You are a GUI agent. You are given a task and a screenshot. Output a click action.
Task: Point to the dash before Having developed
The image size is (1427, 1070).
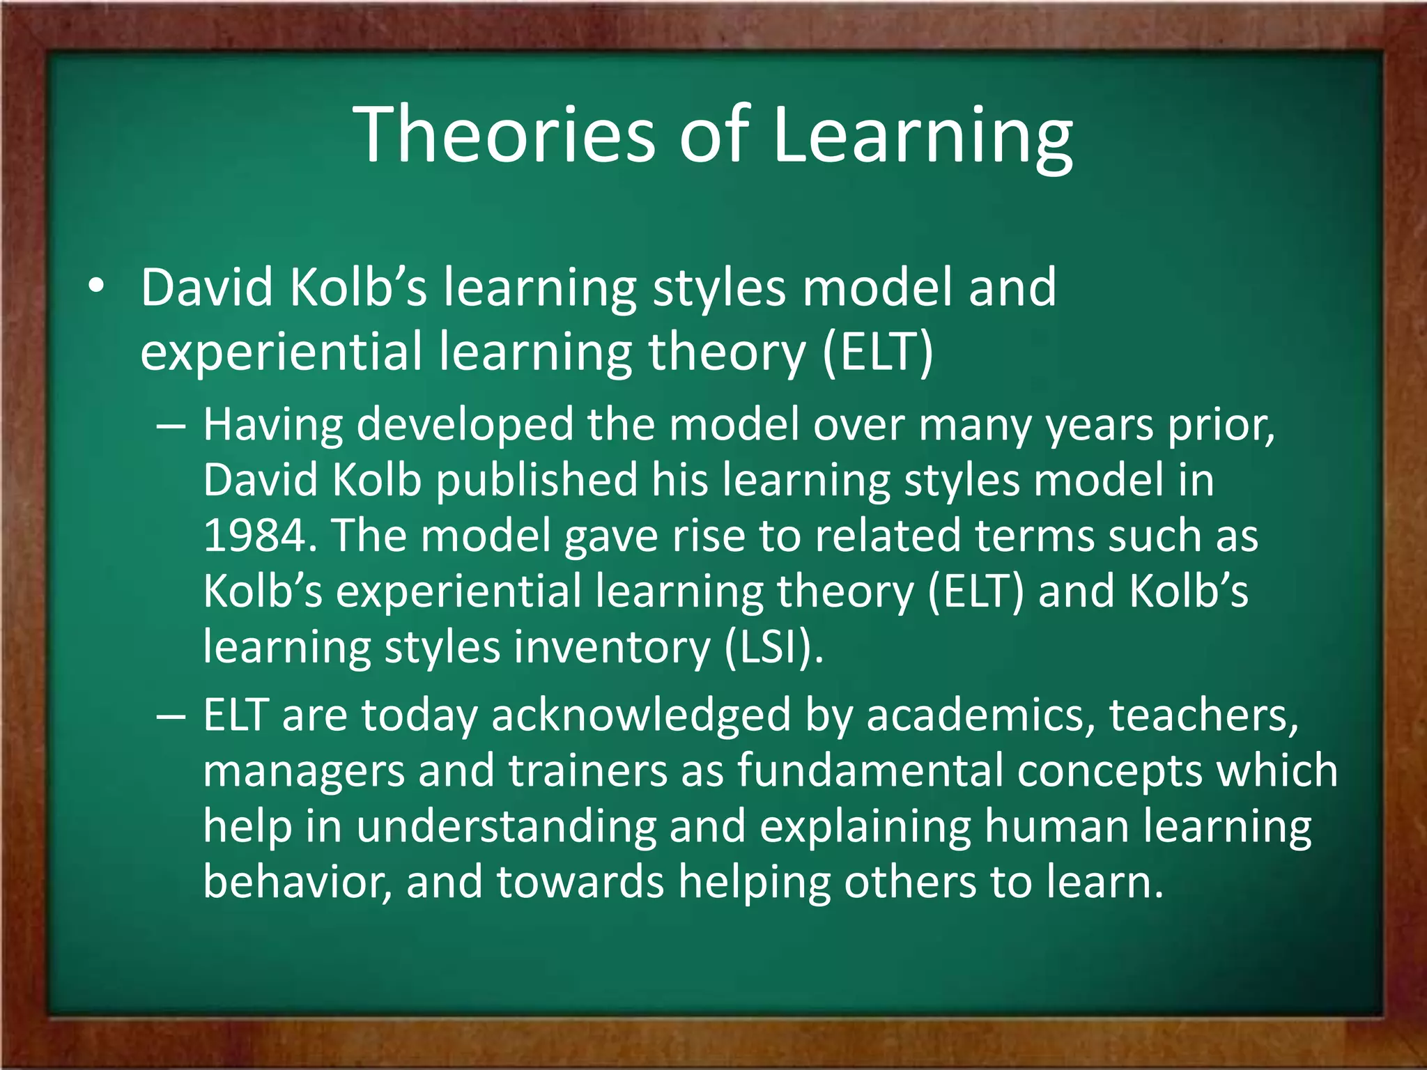coord(171,425)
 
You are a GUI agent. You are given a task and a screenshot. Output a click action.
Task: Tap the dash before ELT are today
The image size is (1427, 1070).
coord(171,716)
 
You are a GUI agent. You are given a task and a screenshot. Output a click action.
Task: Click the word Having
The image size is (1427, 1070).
coord(272,425)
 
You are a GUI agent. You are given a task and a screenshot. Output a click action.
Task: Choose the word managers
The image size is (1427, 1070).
coord(304,771)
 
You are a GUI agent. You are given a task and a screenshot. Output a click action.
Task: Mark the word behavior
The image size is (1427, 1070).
coord(296,882)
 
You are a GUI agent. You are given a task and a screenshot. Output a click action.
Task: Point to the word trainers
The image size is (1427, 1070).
coord(587,771)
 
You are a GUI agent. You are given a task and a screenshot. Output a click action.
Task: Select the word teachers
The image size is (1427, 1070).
coord(1203,716)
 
